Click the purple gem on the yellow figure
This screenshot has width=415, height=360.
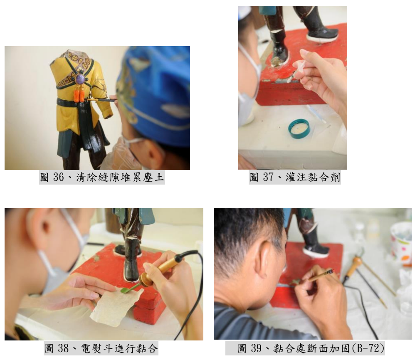pos(80,79)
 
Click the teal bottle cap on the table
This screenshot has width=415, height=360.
pos(299,129)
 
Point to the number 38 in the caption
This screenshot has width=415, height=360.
pos(63,348)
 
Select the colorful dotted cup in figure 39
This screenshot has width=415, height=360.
pos(401,242)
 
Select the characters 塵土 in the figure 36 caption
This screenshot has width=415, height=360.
pos(153,177)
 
